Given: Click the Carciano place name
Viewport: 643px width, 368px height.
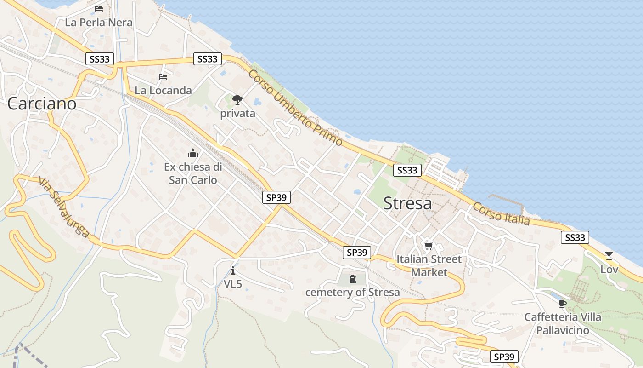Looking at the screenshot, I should [42, 103].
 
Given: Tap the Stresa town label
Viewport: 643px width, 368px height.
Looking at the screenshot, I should [407, 203].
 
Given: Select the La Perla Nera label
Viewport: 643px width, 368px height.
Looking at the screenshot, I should [99, 22].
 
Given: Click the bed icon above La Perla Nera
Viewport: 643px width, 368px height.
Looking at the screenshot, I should [99, 9].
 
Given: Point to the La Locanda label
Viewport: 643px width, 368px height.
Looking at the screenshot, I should [163, 90].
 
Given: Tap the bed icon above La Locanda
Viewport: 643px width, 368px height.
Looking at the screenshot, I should [163, 76].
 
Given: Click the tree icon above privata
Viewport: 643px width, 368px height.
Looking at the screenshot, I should [237, 99].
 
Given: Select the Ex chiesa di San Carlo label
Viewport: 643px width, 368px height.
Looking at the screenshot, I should [193, 173].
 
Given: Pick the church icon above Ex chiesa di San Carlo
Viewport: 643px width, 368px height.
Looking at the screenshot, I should [193, 153].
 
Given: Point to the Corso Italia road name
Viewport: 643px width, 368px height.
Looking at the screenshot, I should [501, 214].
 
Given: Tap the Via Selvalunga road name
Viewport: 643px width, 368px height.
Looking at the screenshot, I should [64, 207].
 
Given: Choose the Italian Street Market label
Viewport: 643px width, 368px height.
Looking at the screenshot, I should [429, 265].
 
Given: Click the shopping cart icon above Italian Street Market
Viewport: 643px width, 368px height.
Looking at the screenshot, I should [429, 246].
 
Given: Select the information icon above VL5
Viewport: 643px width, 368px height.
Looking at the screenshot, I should [233, 270].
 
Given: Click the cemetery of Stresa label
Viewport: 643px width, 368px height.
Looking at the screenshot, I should [352, 292].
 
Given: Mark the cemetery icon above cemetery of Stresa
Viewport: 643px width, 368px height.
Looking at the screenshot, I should [352, 279].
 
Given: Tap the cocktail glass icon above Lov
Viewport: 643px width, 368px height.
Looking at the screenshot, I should [609, 256].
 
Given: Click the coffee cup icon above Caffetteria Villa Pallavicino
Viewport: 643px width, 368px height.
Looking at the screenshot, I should [563, 304].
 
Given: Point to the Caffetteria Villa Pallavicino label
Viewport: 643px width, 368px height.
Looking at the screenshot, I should [563, 323].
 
